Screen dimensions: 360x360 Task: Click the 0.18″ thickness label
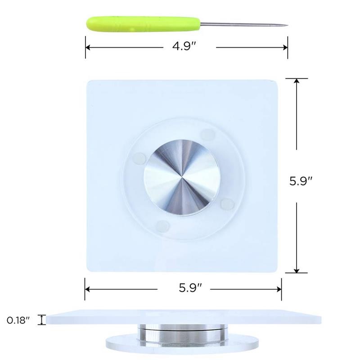(18, 320)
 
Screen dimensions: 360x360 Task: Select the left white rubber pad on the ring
(139, 157)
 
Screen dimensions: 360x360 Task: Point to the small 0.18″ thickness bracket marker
(42, 319)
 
